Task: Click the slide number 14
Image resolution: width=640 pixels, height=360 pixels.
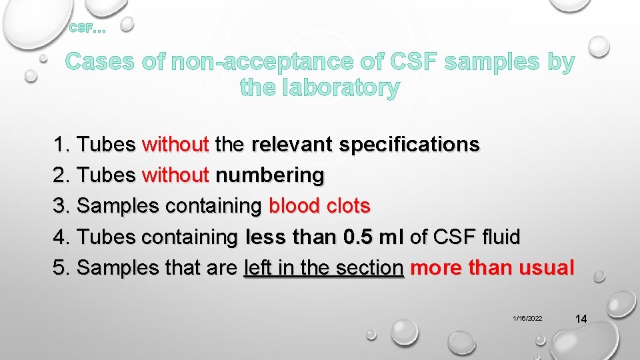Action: click(x=580, y=319)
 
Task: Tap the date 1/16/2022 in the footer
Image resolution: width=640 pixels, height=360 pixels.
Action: click(x=527, y=319)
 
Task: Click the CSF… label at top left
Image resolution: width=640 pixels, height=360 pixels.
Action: click(x=87, y=28)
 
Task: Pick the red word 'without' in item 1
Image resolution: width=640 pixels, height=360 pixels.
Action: click(x=176, y=144)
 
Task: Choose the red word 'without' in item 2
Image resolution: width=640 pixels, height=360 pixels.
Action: click(x=176, y=175)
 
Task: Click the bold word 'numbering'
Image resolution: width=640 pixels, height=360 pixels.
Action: click(x=270, y=175)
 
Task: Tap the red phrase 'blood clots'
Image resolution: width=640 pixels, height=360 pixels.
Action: click(x=319, y=206)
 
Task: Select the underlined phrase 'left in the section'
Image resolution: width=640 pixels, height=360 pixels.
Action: click(x=324, y=268)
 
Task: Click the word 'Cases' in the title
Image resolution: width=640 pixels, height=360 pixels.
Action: click(x=100, y=62)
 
